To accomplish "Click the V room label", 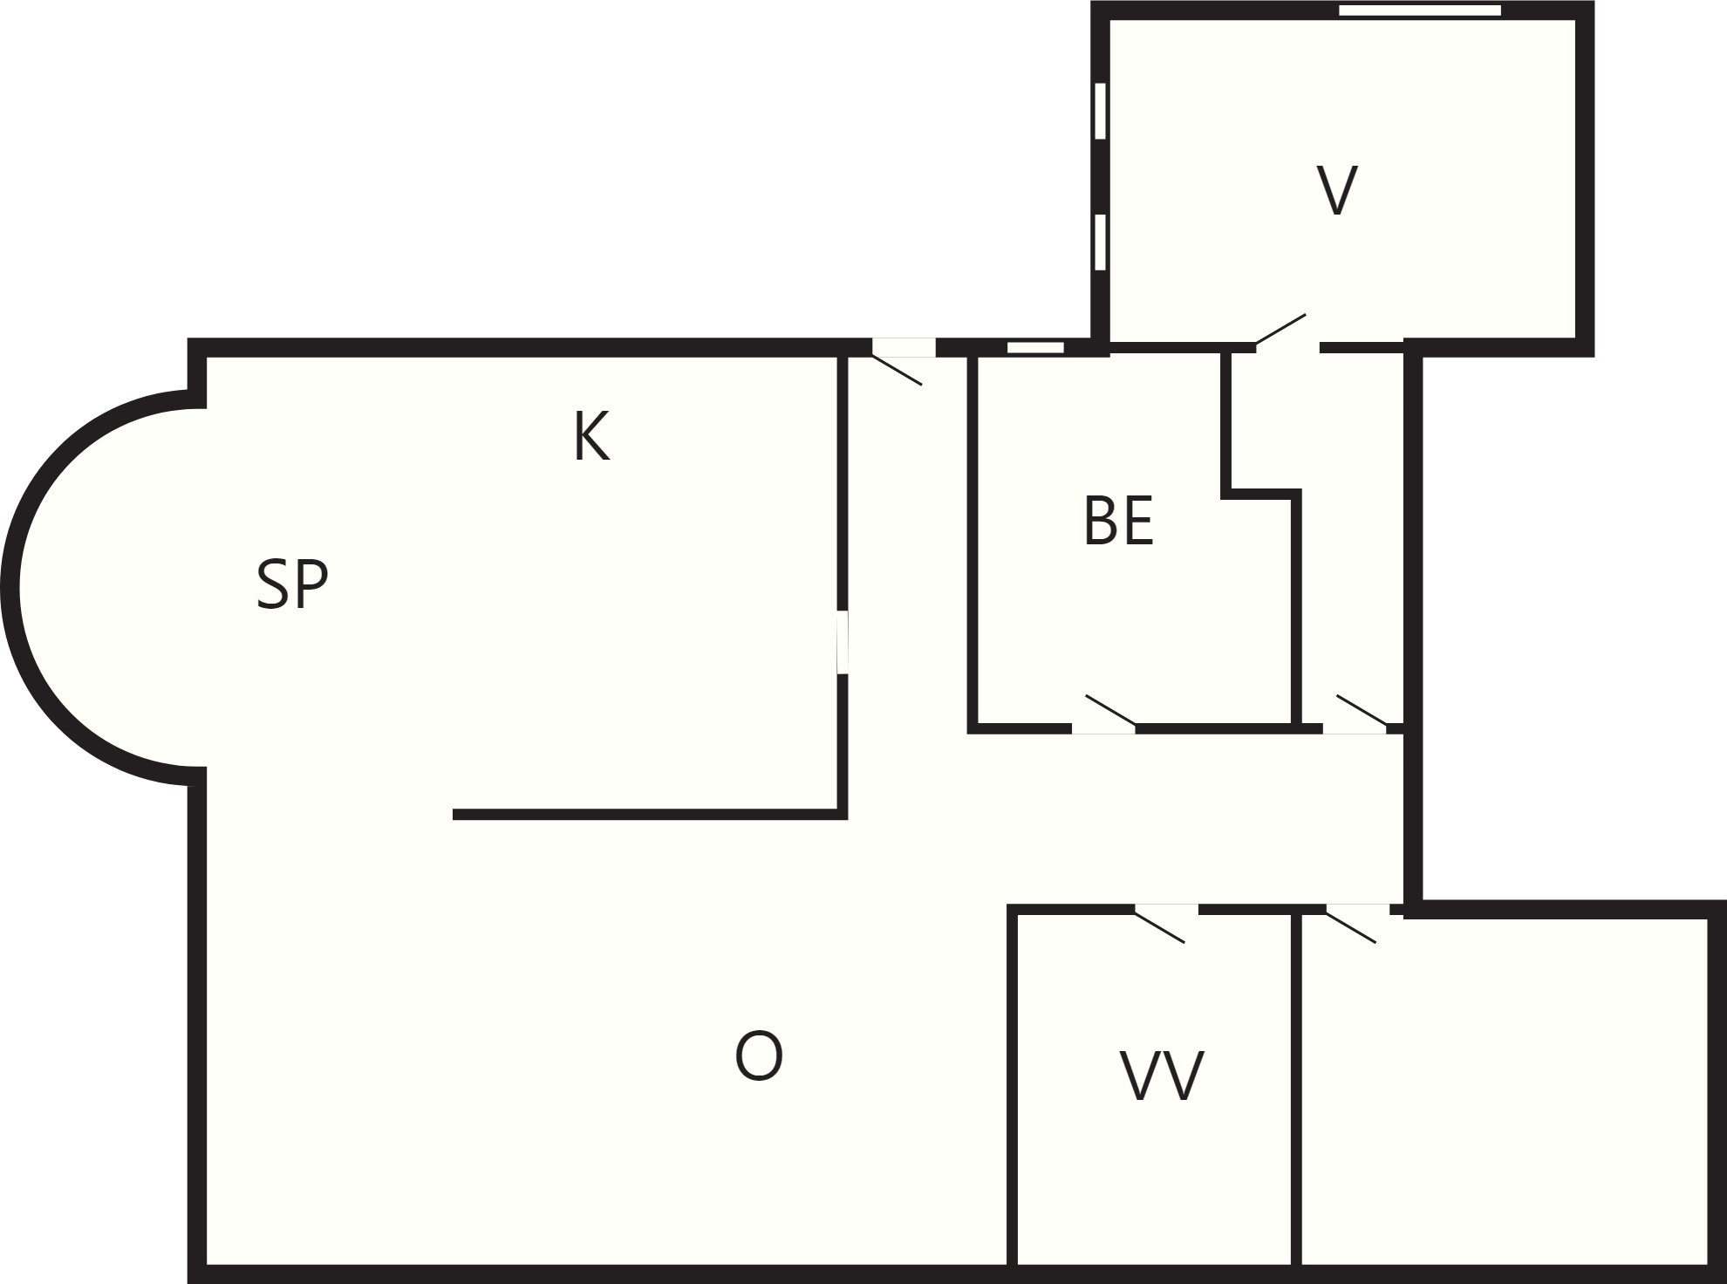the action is [x=1336, y=190].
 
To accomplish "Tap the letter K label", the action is [x=591, y=436].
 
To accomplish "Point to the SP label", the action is [x=292, y=584].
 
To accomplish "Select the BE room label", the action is [x=1118, y=521].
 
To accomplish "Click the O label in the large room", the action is [x=759, y=1056].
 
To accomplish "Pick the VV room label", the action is [x=1162, y=1076].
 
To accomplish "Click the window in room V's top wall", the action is [x=1420, y=10].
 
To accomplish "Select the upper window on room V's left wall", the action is [x=1100, y=111].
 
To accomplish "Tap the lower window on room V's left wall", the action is [x=1100, y=242].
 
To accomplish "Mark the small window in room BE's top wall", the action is [x=1035, y=347].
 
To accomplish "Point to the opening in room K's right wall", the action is [x=843, y=642].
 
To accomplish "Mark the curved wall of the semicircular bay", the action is [x=10, y=586].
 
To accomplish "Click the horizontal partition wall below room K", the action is [x=650, y=815].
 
